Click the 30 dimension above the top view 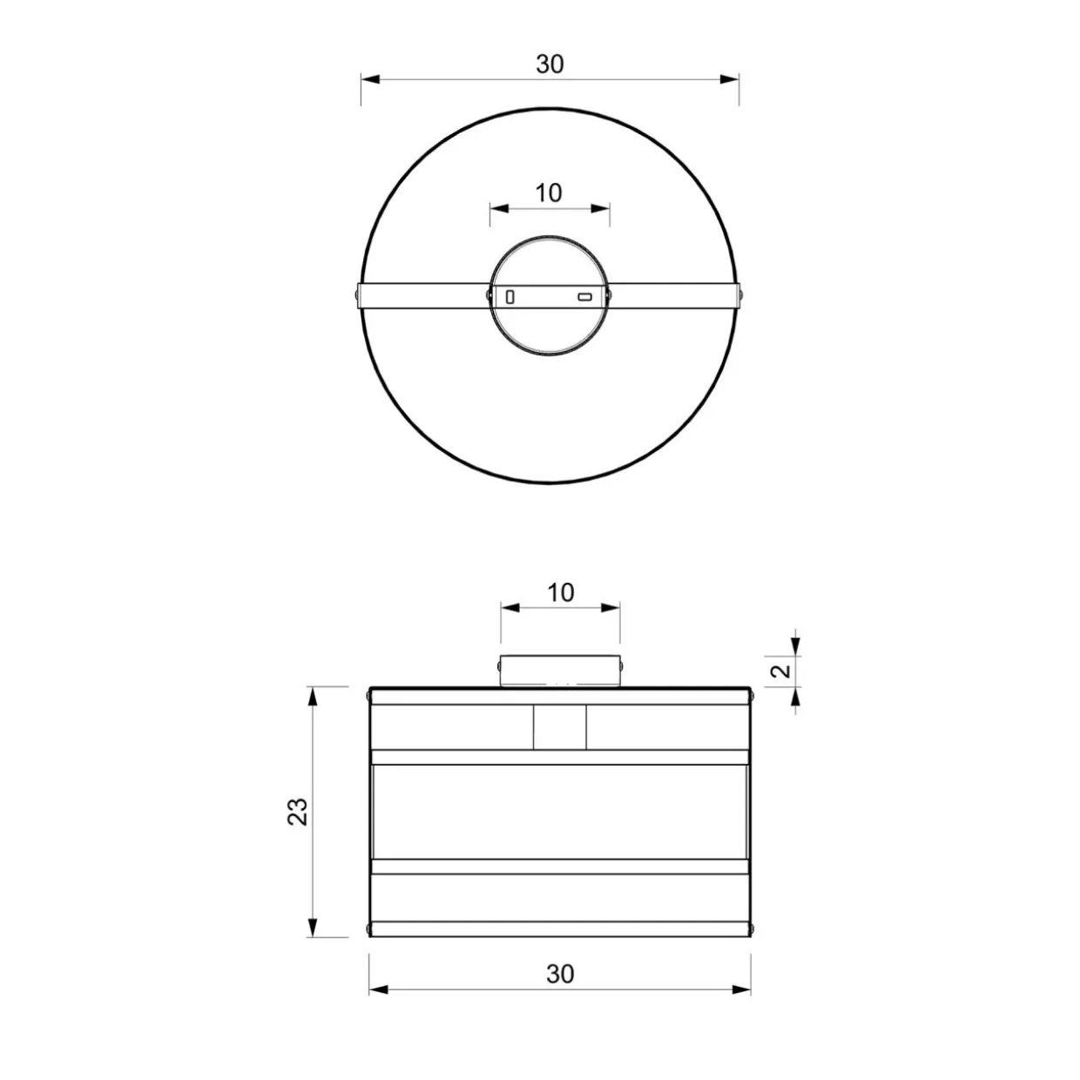click(550, 64)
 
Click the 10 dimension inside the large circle click(549, 193)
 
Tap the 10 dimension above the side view click(560, 593)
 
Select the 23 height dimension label click(298, 811)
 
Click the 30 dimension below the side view click(560, 975)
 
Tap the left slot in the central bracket click(510, 297)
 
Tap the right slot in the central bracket click(584, 297)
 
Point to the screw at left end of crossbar click(358, 296)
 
